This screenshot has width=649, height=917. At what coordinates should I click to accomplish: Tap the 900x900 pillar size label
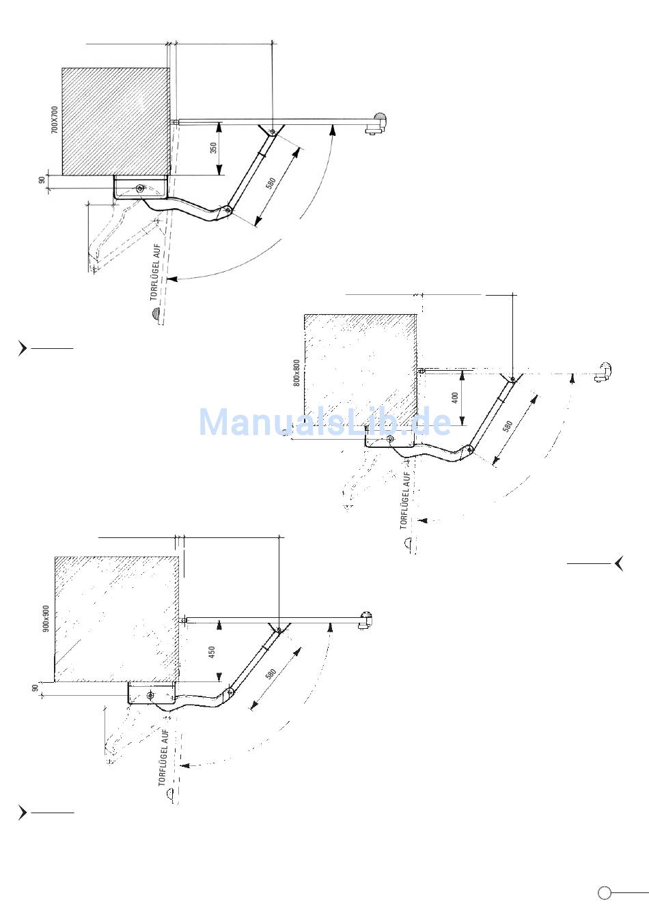click(x=46, y=618)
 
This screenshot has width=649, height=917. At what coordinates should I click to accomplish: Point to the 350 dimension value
click(x=213, y=148)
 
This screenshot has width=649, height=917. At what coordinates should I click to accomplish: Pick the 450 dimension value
click(x=212, y=652)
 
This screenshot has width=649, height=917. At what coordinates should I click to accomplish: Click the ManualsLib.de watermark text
click(x=324, y=421)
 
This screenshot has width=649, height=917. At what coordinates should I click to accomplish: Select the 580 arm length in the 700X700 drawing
click(x=271, y=184)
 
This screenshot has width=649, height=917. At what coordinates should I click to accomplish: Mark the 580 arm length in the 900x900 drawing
click(x=270, y=673)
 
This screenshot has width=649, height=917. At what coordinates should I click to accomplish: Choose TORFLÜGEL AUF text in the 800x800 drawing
click(x=405, y=500)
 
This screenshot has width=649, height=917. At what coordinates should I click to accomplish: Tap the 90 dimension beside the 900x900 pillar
click(x=35, y=688)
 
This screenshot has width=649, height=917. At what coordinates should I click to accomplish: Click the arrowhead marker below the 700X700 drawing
click(x=23, y=348)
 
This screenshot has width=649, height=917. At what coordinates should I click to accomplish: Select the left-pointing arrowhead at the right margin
click(x=618, y=563)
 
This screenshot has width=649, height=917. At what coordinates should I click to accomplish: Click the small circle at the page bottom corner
click(x=604, y=893)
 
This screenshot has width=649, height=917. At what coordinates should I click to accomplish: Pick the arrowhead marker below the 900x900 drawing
click(x=23, y=813)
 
